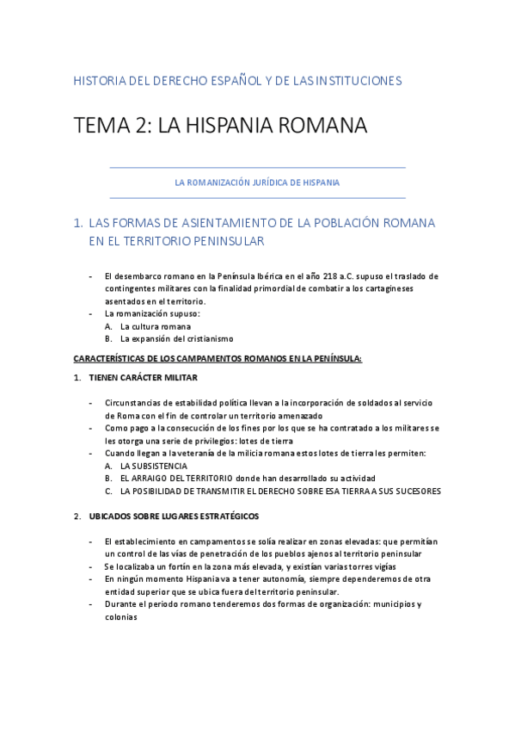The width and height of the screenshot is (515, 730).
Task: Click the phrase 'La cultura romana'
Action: pos(156,327)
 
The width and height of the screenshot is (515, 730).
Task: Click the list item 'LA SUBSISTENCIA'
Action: pos(154,466)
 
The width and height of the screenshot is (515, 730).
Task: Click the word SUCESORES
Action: pos(414,492)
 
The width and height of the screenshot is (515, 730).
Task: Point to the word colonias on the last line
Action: pos(121,616)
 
